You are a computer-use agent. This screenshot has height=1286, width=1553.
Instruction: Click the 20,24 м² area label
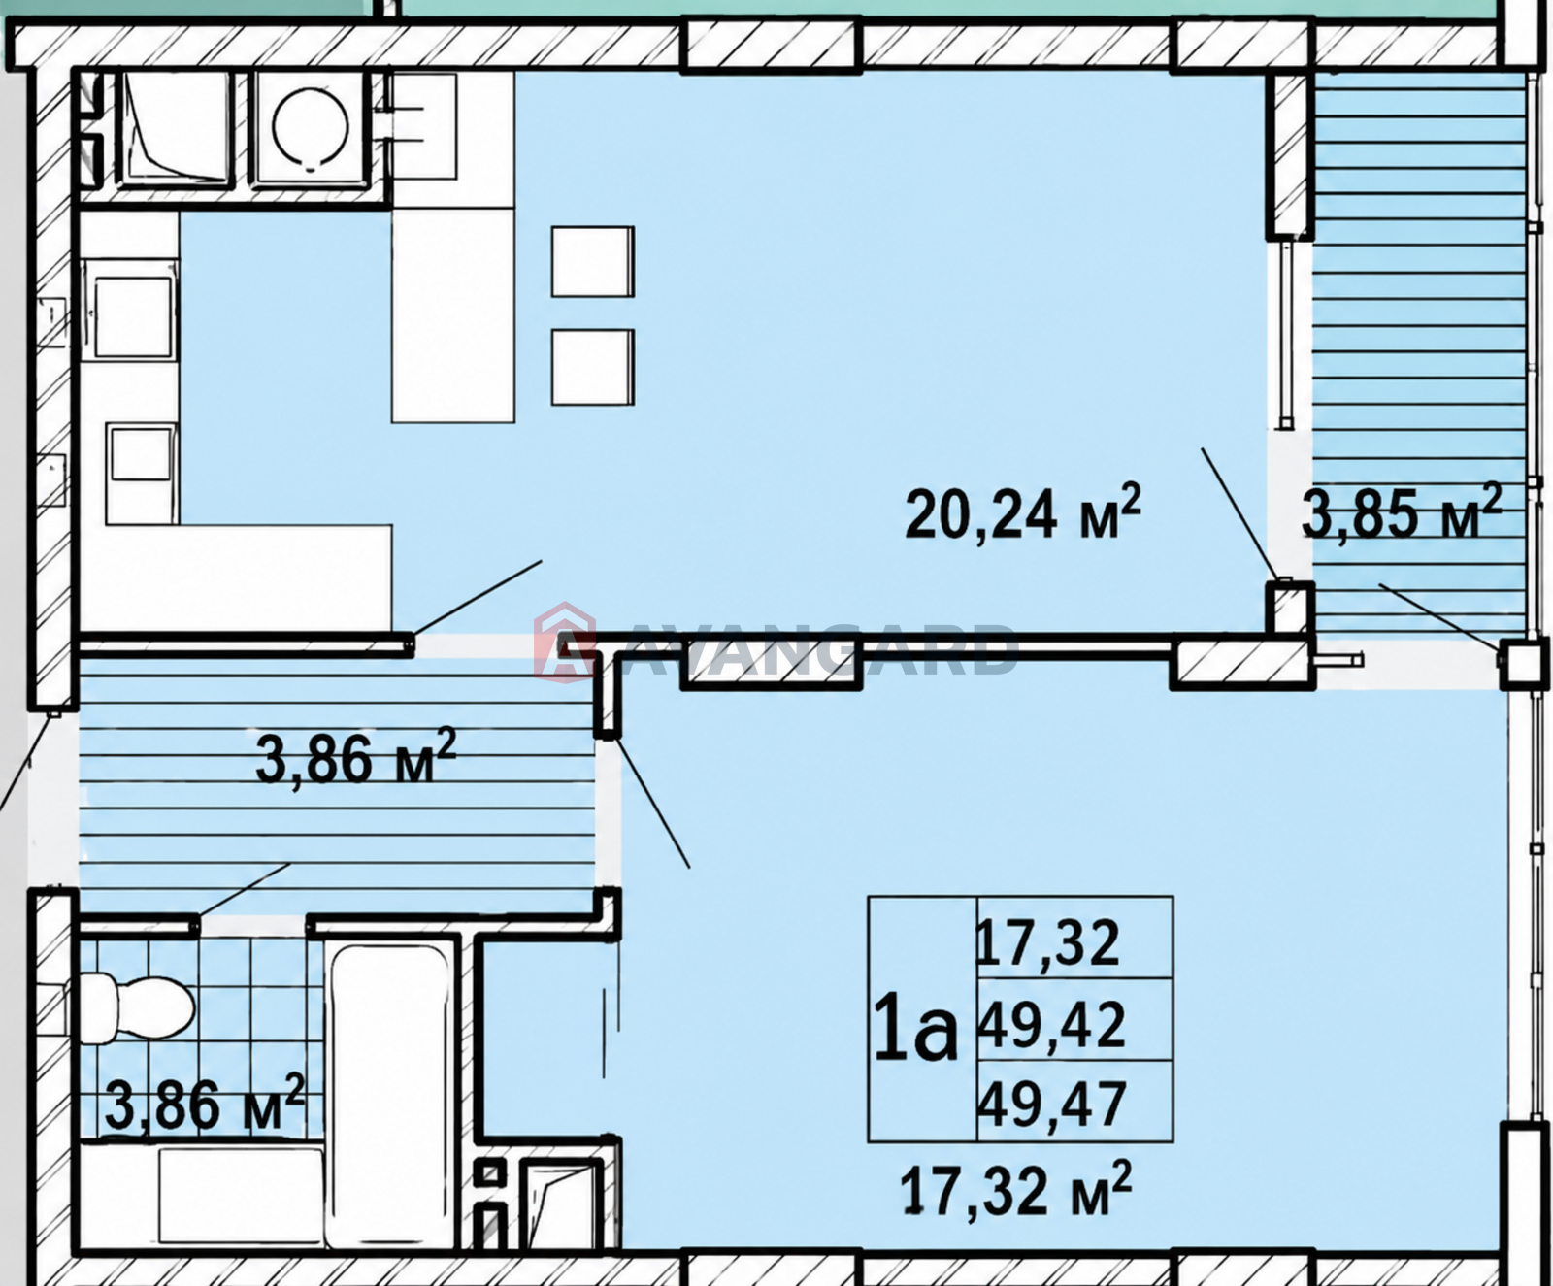pyautogui.click(x=1023, y=511)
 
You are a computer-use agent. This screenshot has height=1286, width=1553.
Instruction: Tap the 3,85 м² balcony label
pyautogui.click(x=1401, y=511)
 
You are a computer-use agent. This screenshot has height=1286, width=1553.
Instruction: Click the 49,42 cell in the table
pyautogui.click(x=1050, y=1023)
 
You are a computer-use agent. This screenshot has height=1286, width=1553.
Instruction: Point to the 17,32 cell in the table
pyautogui.click(x=1047, y=942)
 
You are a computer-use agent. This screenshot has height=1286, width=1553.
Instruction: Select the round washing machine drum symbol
pyautogui.click(x=311, y=127)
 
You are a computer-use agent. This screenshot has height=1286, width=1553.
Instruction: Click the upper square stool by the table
pyautogui.click(x=593, y=261)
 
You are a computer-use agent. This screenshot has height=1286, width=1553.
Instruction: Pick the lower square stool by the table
pyautogui.click(x=593, y=367)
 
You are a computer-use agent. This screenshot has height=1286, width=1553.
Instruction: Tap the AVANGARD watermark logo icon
pyautogui.click(x=564, y=642)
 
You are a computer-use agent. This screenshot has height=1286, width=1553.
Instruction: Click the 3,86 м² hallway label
pyautogui.click(x=355, y=757)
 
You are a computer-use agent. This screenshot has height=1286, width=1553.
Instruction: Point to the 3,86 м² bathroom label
pyautogui.click(x=205, y=1104)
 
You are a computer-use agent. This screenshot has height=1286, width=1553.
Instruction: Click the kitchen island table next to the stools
pyautogui.click(x=453, y=314)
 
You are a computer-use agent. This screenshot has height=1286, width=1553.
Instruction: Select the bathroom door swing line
pyautogui.click(x=244, y=889)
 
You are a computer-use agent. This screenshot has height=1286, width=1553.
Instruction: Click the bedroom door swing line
pyautogui.click(x=649, y=802)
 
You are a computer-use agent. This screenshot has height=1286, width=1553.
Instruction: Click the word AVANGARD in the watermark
pyautogui.click(x=813, y=649)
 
